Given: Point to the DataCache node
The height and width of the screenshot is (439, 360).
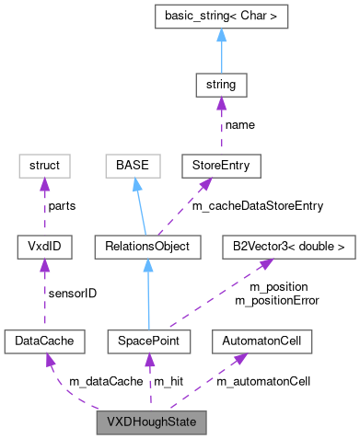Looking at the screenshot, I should (x=44, y=341).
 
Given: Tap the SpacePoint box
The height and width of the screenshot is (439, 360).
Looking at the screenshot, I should (x=147, y=341).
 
